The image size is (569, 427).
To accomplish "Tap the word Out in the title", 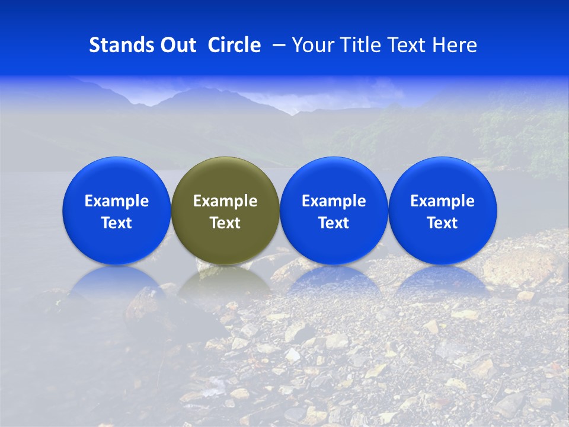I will [176, 45].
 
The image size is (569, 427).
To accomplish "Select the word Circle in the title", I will [234, 45].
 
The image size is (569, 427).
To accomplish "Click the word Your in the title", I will [312, 46].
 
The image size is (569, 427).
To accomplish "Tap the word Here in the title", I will [453, 45].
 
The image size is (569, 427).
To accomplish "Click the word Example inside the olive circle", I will [225, 201].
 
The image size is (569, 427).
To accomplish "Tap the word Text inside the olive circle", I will [225, 223].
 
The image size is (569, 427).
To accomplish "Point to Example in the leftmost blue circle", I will [116, 201].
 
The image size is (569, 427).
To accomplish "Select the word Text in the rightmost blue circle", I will [443, 223].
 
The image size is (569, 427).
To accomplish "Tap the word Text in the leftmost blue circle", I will [116, 223].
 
